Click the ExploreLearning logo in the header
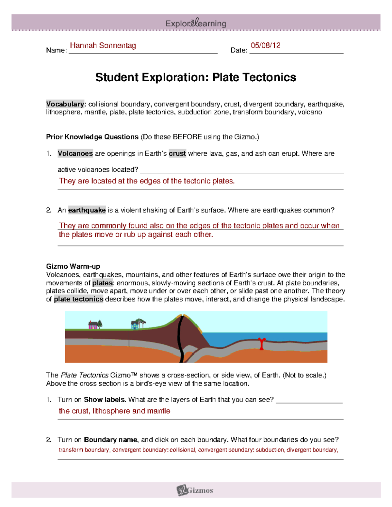(196, 23)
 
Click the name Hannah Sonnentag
(103, 45)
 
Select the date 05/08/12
(265, 45)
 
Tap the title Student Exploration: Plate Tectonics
(196, 77)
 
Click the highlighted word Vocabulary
(65, 104)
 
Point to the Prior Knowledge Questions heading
(92, 137)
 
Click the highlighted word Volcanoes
(75, 153)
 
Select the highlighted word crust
(177, 153)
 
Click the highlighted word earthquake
(87, 210)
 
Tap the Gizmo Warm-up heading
(73, 266)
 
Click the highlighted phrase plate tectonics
(78, 299)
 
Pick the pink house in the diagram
(93, 325)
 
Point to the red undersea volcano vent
(261, 343)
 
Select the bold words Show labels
(105, 400)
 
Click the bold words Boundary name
(110, 440)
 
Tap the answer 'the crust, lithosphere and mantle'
(114, 411)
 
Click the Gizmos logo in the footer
(195, 490)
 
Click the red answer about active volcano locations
(147, 181)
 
